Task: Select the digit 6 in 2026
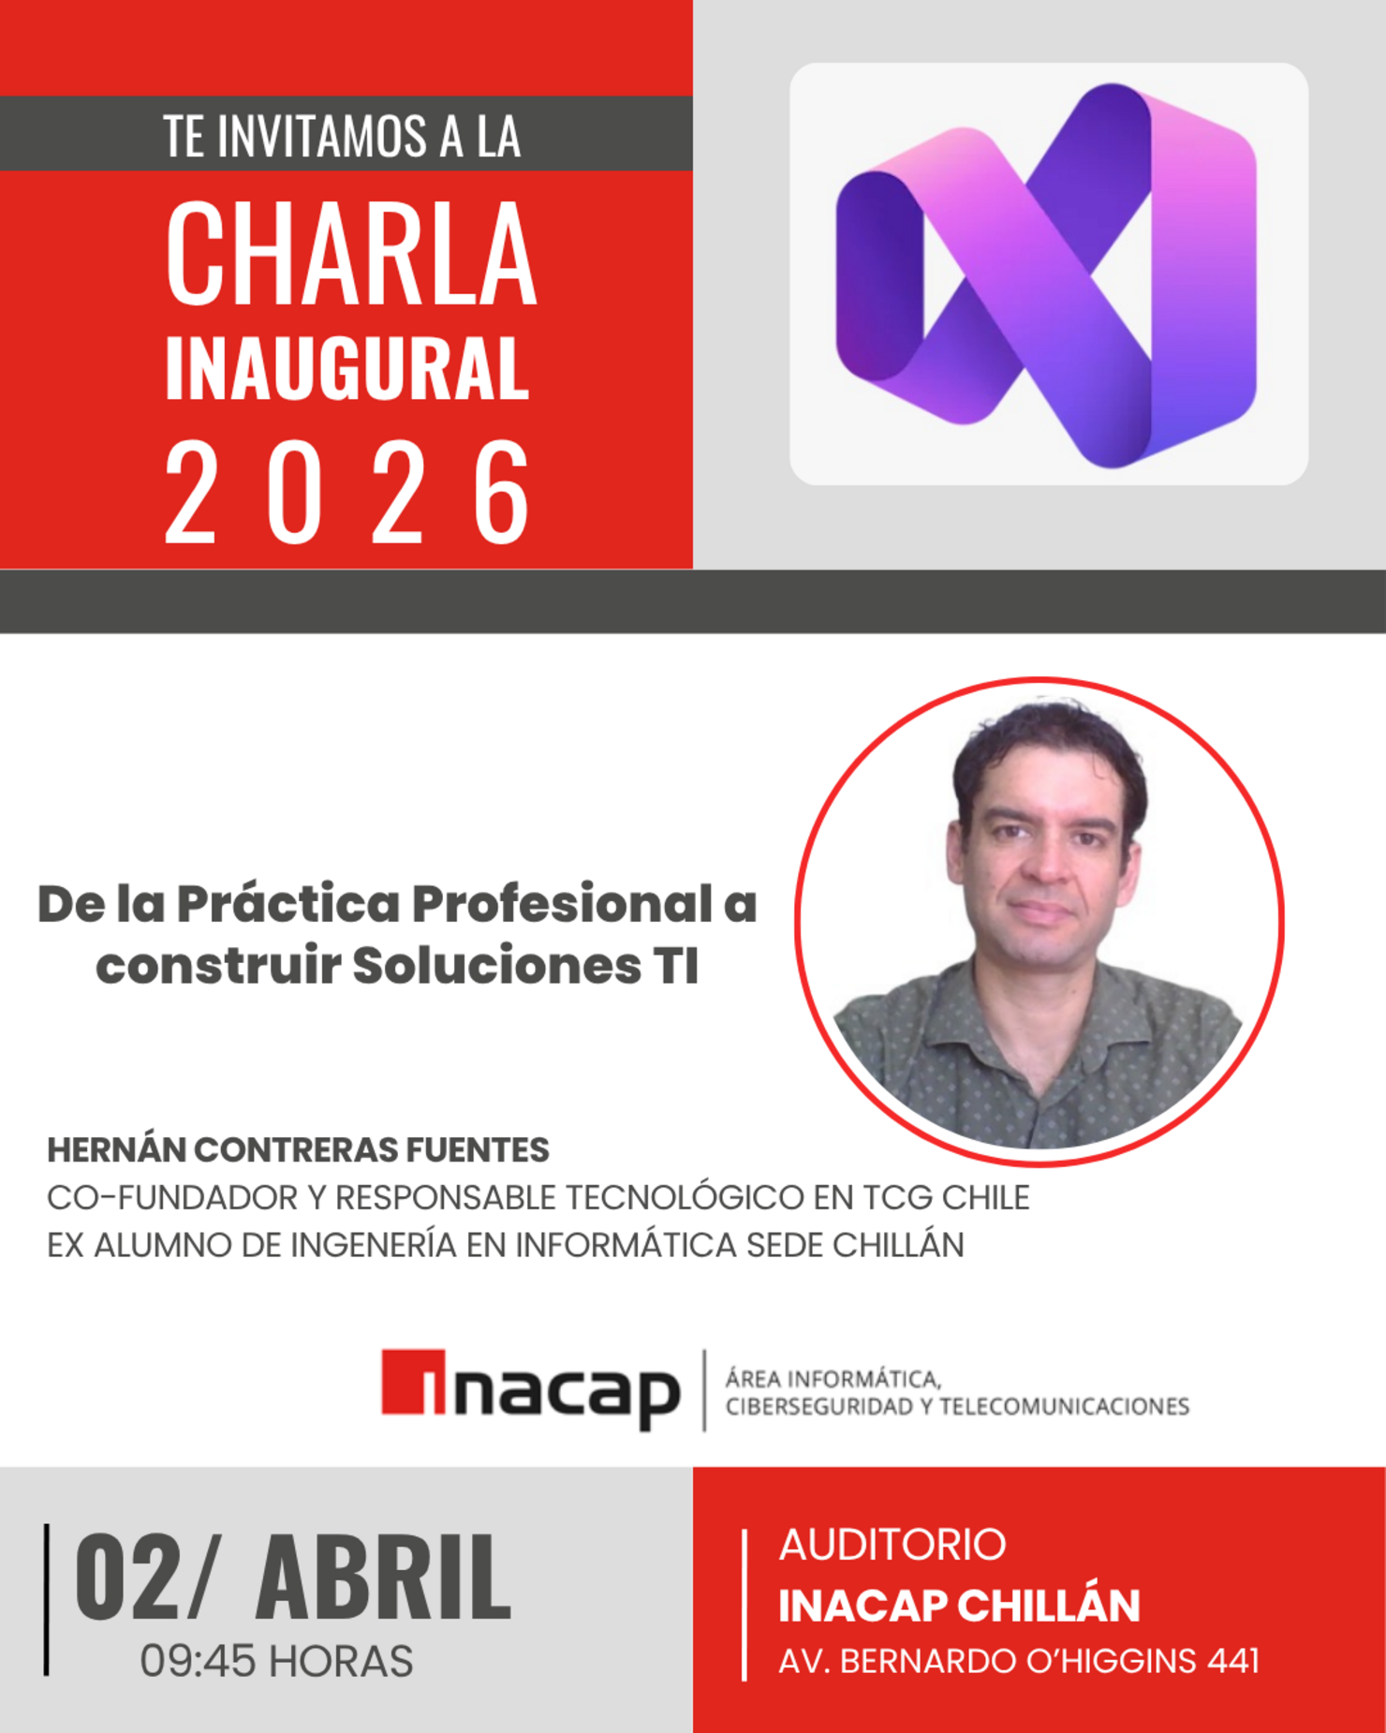tap(502, 493)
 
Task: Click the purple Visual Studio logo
tap(1047, 274)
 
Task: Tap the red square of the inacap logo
tap(412, 1382)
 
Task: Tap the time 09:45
tap(198, 1662)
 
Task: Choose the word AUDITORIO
tap(892, 1545)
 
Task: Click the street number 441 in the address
tap(1232, 1661)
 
